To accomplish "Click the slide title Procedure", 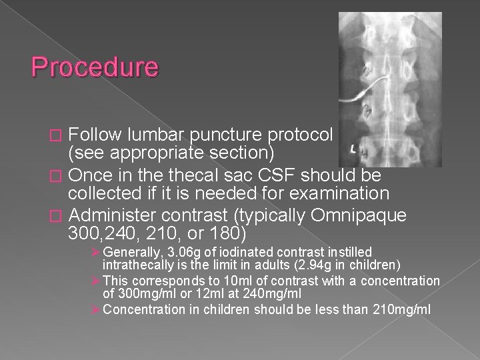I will pos(95,67).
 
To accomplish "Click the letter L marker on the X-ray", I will pos(353,145).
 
